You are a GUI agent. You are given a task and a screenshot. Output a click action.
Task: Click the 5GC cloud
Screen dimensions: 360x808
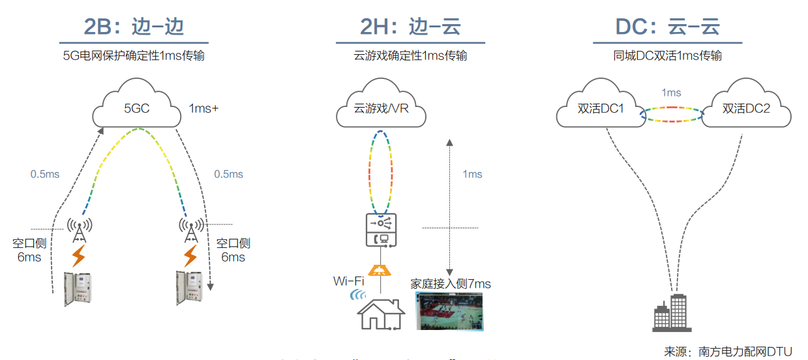(x=137, y=106)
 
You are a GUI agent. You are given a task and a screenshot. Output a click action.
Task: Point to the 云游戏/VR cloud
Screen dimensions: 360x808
(x=382, y=107)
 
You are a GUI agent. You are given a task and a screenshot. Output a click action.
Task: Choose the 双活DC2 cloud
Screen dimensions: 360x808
(x=746, y=108)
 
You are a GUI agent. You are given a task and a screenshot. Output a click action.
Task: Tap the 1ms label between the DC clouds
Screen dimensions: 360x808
(x=671, y=93)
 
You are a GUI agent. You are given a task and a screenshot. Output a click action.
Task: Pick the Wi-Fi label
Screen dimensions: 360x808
(x=348, y=281)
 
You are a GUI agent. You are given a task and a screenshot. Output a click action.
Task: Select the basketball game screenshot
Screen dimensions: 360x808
(x=450, y=310)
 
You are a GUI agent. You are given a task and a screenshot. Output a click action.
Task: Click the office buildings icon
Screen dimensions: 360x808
(x=670, y=312)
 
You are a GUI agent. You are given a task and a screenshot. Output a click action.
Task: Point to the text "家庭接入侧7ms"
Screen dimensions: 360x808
(x=450, y=284)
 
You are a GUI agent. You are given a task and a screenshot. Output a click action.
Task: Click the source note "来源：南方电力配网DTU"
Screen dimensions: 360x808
(x=728, y=352)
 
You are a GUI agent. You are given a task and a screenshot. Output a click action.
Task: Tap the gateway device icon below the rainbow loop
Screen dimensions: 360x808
(x=381, y=230)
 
